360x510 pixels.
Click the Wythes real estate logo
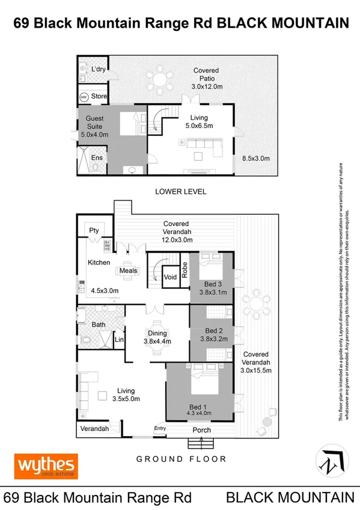point(46,465)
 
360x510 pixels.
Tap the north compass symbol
point(330,462)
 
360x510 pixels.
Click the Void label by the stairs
point(170,277)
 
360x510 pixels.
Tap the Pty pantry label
point(94,230)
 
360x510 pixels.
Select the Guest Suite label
point(94,123)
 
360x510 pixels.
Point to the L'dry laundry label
point(98,70)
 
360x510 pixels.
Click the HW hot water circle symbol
point(84,96)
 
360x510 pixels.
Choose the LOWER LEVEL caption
point(180,192)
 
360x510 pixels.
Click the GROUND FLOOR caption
point(181,459)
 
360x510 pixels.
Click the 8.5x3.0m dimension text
point(255,158)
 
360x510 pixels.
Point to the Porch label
point(201,431)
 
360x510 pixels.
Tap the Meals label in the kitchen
point(129,271)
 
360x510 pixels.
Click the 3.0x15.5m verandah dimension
point(256,370)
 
